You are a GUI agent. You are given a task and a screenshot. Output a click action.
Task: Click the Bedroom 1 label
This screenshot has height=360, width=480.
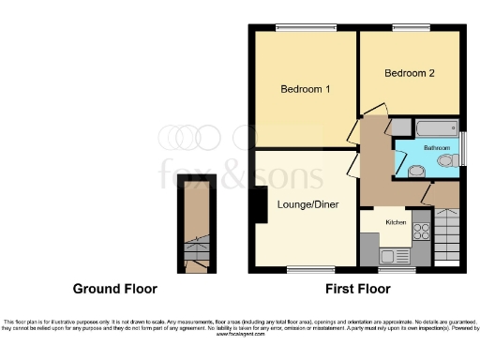click(305, 90)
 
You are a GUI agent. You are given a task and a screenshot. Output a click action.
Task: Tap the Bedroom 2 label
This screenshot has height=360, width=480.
click(409, 72)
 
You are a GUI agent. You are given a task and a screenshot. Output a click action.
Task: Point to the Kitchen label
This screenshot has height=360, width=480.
click(395, 222)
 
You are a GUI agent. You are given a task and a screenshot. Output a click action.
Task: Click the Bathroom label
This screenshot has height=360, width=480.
click(436, 148)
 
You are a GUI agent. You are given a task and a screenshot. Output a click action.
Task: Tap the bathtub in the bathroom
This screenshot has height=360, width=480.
click(434, 127)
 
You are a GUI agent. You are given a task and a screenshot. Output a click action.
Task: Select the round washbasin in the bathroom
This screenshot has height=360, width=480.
click(415, 170)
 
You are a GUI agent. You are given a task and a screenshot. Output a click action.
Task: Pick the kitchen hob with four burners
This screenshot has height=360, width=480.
click(421, 231)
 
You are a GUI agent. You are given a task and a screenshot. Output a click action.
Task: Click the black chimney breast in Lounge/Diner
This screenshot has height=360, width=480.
click(255, 206)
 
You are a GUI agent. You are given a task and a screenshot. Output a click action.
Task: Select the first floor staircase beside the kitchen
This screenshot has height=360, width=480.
click(446, 234)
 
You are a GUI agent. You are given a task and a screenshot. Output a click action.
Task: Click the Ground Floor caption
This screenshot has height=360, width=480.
click(115, 289)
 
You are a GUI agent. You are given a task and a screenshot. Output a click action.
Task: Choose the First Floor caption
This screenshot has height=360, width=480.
click(357, 289)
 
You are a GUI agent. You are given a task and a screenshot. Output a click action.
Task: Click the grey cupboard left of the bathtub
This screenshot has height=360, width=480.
click(397, 127)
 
